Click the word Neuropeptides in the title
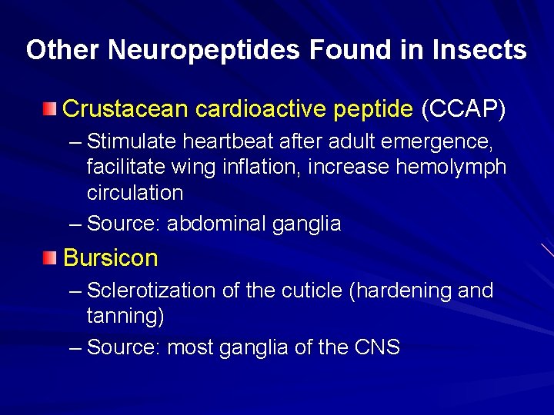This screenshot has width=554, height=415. click(205, 50)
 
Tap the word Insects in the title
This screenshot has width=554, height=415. click(479, 50)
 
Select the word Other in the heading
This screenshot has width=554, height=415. click(63, 50)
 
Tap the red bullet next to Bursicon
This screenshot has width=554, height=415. click(50, 257)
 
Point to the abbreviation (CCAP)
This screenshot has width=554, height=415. click(463, 109)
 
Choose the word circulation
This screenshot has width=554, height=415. click(135, 192)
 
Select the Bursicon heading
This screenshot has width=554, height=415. click(110, 257)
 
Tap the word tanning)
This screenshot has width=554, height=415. click(125, 316)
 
